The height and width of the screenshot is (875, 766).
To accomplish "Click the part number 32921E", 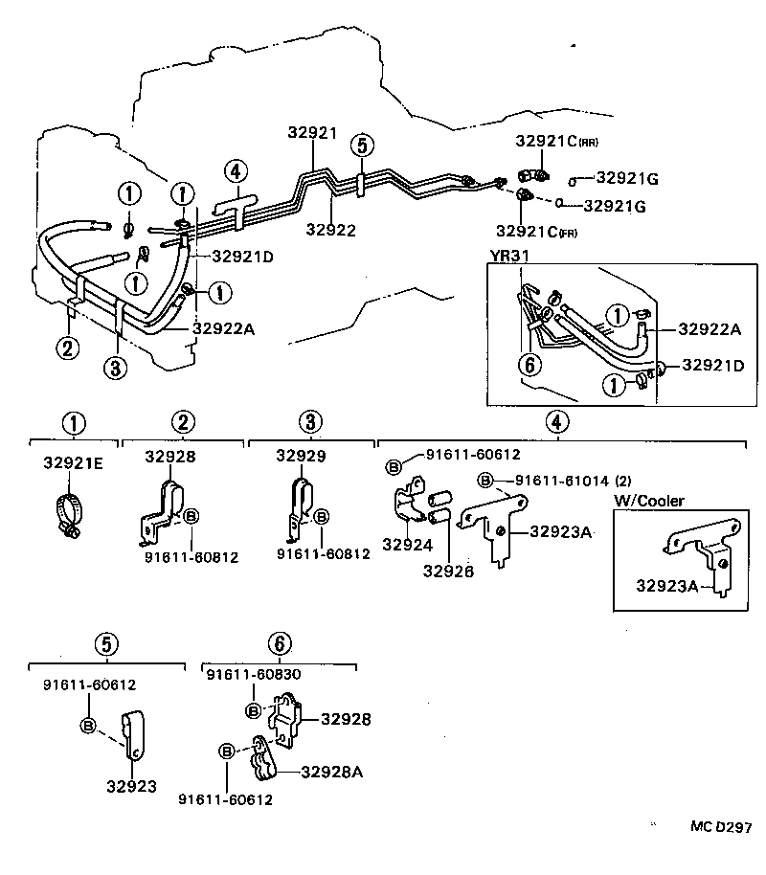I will pos(72,462).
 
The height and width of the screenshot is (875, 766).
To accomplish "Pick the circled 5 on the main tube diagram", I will pos(360,146).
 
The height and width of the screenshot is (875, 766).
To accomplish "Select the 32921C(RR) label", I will pos(556,141).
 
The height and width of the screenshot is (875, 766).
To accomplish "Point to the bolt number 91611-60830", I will pos(254,674).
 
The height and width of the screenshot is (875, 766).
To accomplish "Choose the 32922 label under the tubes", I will pos(330,230).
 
